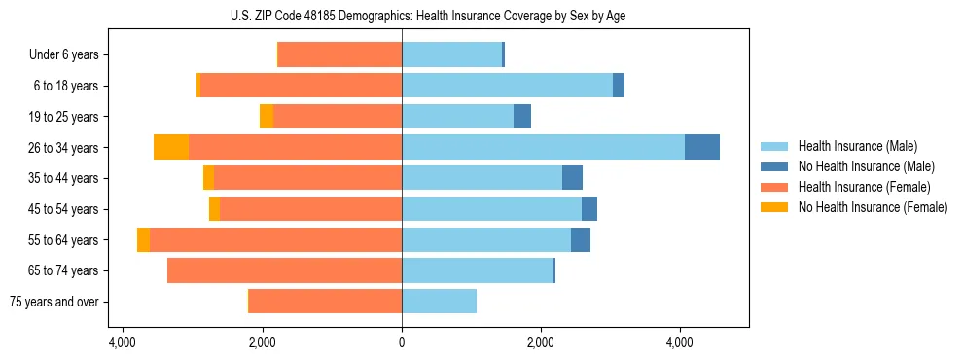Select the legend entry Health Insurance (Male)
858,146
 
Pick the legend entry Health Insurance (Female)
865,187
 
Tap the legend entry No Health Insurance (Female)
873,207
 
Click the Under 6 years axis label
64,54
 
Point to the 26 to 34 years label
64,147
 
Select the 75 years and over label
54,302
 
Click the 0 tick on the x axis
402,343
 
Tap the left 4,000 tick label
124,343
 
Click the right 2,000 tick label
541,343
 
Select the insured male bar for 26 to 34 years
543,147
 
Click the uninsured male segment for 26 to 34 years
702,147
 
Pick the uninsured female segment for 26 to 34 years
171,147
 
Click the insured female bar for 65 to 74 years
284,270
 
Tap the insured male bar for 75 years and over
439,302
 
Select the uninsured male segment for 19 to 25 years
522,116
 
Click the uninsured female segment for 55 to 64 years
143,239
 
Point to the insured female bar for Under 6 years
339,54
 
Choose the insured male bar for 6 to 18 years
507,86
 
